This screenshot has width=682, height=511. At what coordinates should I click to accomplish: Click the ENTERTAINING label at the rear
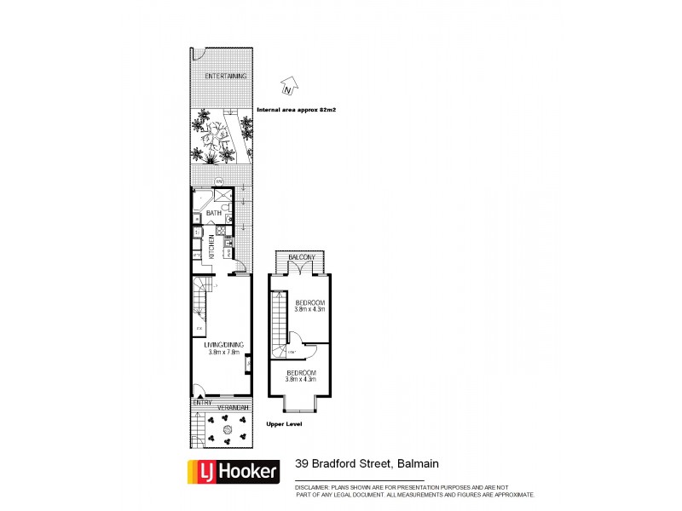point(225,77)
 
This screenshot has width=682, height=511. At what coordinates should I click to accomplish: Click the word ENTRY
point(202,401)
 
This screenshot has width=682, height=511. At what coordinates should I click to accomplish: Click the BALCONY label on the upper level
point(302,257)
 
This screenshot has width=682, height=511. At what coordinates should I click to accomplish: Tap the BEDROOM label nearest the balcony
point(309,303)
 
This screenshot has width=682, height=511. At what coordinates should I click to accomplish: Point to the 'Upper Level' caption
point(285,424)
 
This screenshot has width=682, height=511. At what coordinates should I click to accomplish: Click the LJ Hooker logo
point(233,469)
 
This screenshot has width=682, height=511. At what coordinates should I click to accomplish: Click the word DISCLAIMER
point(315,488)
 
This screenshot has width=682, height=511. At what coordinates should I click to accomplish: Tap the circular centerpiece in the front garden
point(227,432)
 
